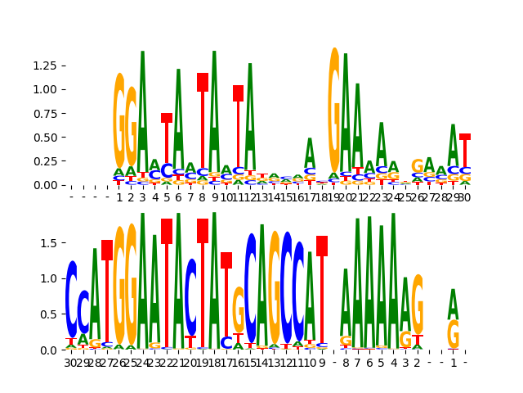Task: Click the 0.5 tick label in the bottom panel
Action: [50, 314]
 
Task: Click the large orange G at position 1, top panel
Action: [119, 120]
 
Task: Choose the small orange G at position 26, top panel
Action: [417, 166]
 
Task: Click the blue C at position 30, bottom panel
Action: [72, 299]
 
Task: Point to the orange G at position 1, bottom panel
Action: [453, 334]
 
